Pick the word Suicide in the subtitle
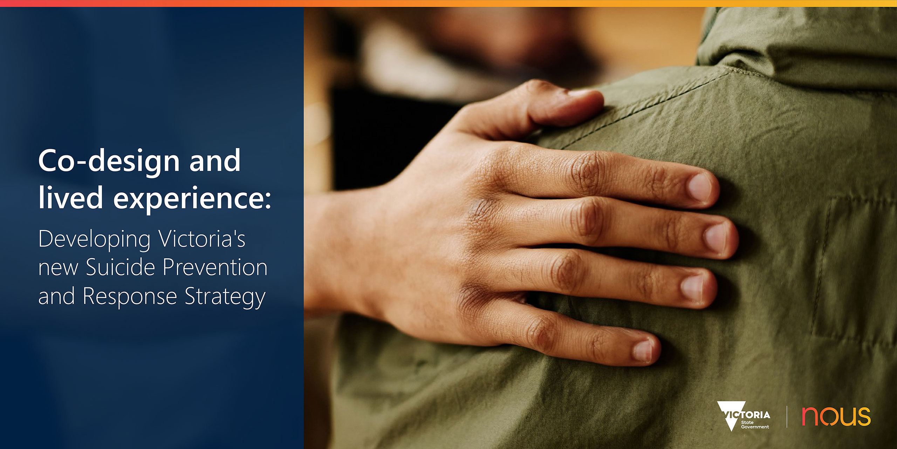(120, 267)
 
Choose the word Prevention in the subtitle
(215, 267)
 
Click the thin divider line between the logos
(787, 417)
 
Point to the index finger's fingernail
(700, 188)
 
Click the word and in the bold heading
(215, 161)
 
